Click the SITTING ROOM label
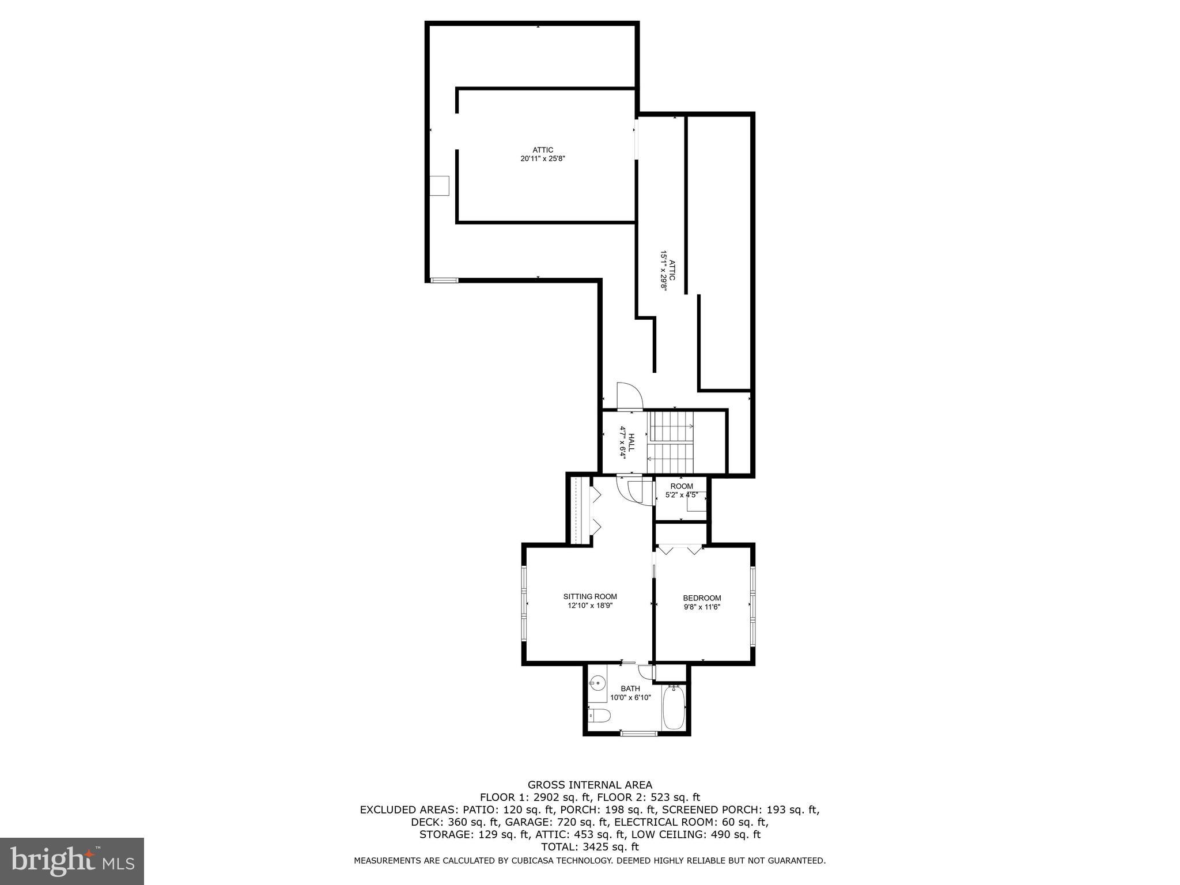[x=590, y=596]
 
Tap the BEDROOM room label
[x=702, y=598]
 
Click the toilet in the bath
[x=599, y=717]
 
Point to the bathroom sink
[x=598, y=684]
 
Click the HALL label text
[x=631, y=442]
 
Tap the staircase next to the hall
[x=671, y=442]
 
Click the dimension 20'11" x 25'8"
[x=543, y=158]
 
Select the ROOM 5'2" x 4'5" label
[x=682, y=486]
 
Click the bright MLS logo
[x=72, y=861]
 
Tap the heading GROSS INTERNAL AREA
[x=590, y=785]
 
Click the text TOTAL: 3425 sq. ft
[x=590, y=847]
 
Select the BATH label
[x=630, y=689]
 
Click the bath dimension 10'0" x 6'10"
[x=630, y=697]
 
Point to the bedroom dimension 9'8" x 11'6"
[x=702, y=607]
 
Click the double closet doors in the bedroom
[x=680, y=549]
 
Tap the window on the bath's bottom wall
[x=638, y=733]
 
